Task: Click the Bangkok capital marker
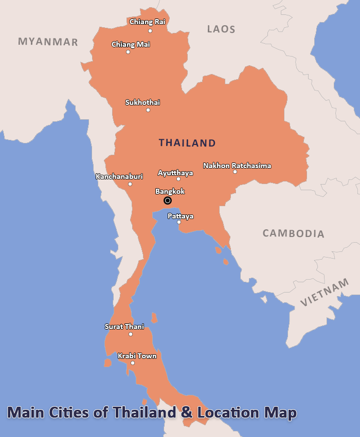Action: pos(167,201)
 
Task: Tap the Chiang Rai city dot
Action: pos(150,31)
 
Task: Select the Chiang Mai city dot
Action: pos(128,52)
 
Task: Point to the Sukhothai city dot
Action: pos(148,110)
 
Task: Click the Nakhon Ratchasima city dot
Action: pos(235,172)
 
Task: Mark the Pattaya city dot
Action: pos(179,222)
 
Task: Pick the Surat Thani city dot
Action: pos(131,334)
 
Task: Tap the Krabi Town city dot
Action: pos(133,363)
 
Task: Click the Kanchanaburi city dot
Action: pos(130,184)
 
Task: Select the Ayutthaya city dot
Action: pos(178,179)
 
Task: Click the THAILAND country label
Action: pos(187,143)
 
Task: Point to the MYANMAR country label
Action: pos(48,42)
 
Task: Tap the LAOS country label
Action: pos(221,29)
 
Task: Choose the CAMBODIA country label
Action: pos(294,233)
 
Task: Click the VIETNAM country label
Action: pos(325,293)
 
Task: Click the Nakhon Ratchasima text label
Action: pos(237,166)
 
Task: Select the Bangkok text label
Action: pos(170,191)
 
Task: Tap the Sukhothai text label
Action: pos(142,102)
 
